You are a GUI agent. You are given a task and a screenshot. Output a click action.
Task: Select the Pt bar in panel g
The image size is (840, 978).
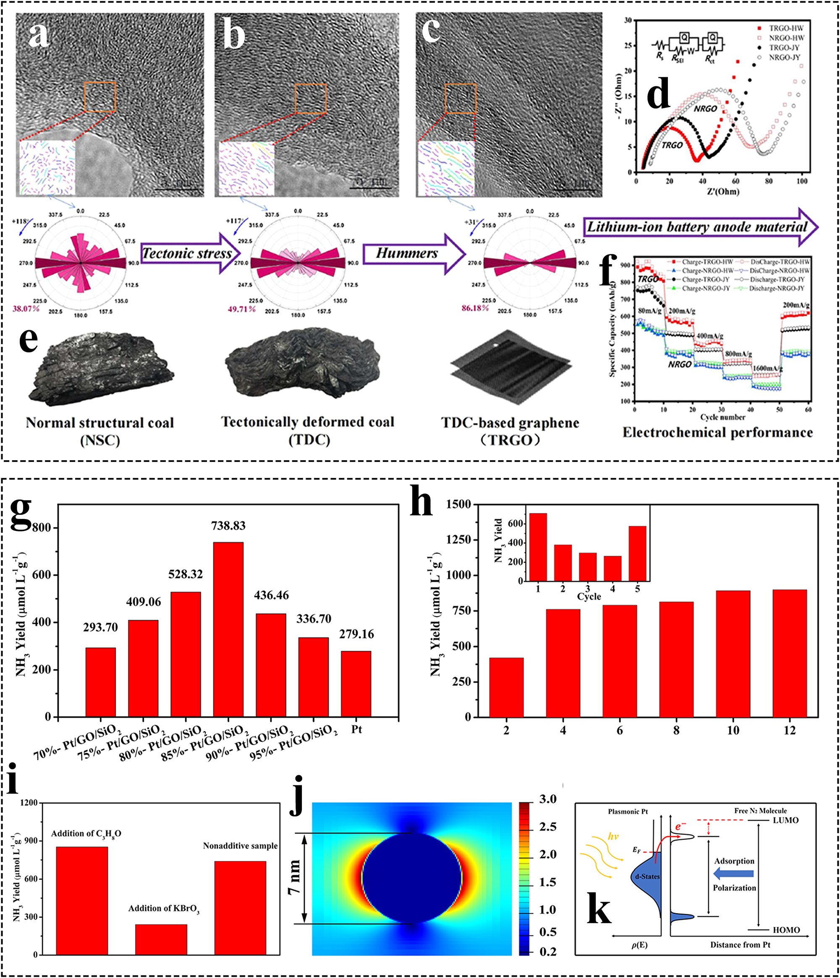click(x=356, y=684)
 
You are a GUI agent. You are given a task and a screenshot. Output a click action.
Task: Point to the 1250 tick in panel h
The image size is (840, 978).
click(x=458, y=540)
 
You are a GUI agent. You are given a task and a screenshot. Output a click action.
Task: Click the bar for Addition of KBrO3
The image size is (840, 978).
click(x=161, y=939)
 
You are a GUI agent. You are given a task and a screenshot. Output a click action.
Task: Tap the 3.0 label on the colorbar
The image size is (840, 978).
click(x=548, y=800)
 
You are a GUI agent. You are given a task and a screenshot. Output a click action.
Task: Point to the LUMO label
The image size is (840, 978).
click(x=785, y=820)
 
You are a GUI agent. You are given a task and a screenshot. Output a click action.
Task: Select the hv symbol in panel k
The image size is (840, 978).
click(x=613, y=837)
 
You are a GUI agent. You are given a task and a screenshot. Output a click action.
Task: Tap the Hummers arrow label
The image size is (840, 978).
click(x=407, y=253)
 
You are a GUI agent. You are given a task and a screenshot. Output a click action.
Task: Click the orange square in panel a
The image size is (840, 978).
click(x=100, y=97)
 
